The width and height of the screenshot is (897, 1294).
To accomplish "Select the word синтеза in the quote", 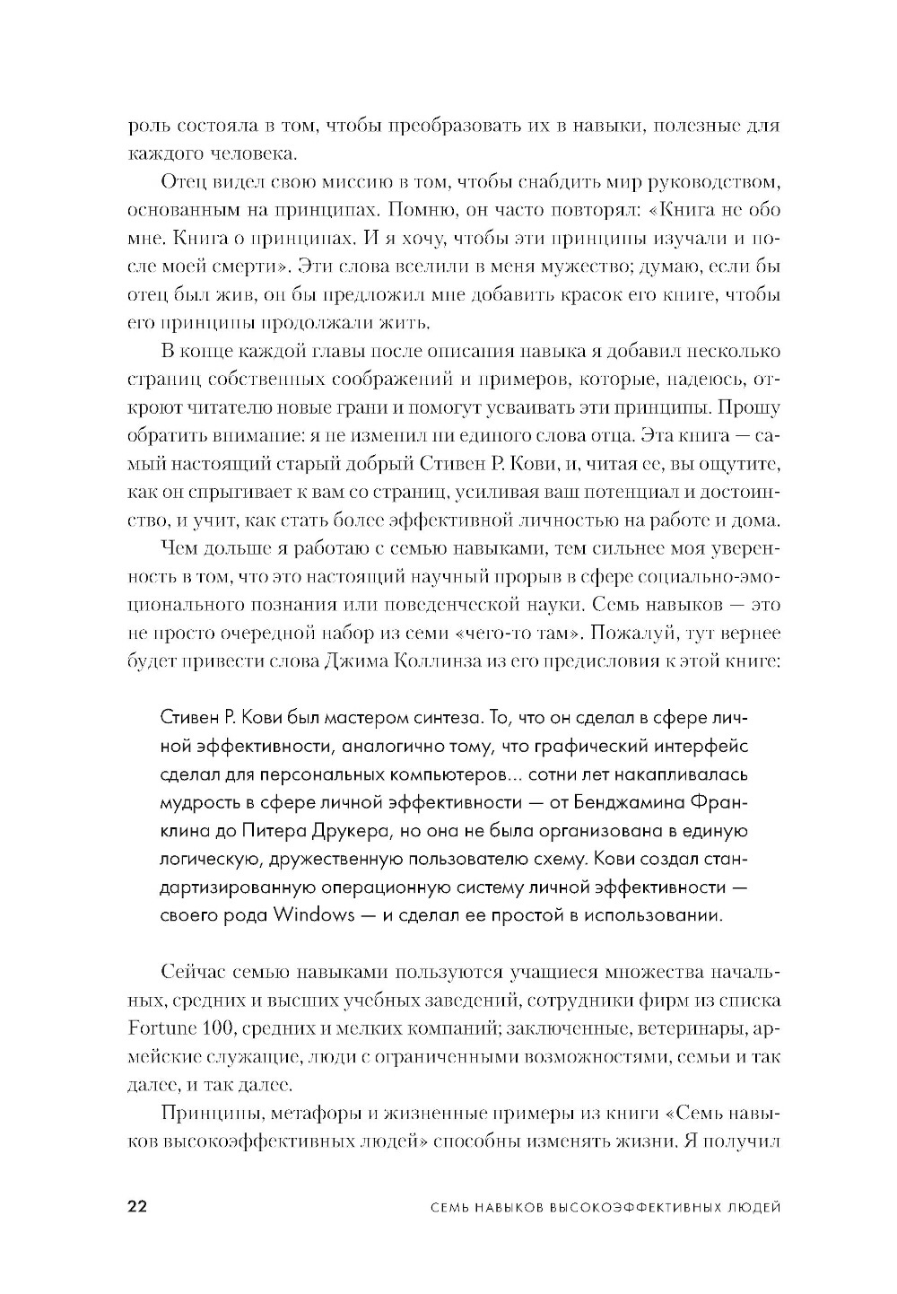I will click(448, 717).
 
